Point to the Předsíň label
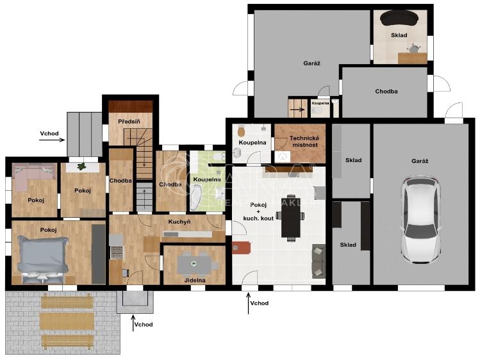pos(129,120)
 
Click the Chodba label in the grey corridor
pos(386,92)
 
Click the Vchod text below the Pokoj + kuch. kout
pos(259,303)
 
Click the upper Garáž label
pos(311,63)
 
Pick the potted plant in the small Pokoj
pos(82,167)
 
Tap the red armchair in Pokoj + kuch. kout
pos(240,247)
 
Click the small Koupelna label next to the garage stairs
pos(320,103)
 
